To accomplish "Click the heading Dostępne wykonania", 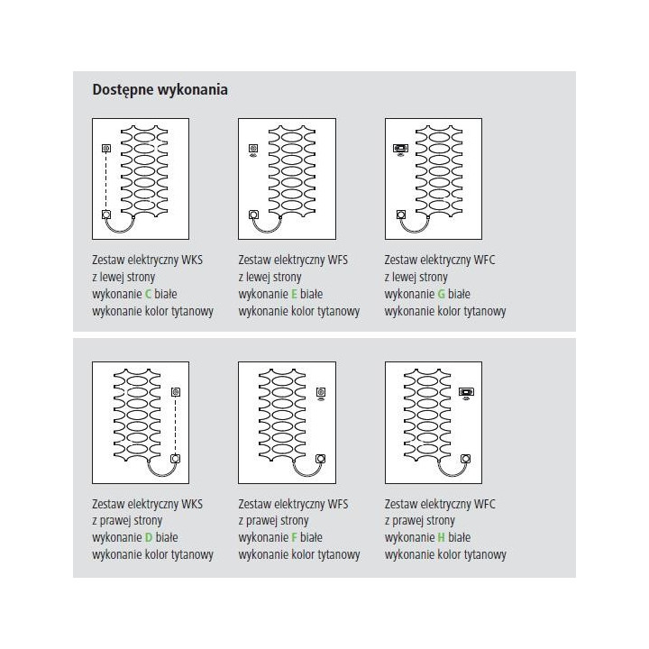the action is point(160,90).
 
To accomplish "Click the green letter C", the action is point(148,294).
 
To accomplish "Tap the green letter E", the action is point(294,294).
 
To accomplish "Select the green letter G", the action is point(441,294).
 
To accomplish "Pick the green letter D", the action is point(149,537).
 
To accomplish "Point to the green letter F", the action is point(294,537).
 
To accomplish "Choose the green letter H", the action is point(441,537).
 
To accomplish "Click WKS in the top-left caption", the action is point(193,260).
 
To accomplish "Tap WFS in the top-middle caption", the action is point(338,260).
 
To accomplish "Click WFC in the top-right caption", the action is point(485,260).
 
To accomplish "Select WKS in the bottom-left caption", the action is point(193,504).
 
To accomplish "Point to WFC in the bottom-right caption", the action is point(485,504).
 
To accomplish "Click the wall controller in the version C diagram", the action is point(106,148).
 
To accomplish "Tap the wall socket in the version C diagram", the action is point(106,215).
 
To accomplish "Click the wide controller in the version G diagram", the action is point(400,148).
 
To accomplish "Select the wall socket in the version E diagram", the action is point(253,215).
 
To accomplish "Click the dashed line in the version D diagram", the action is point(176,425).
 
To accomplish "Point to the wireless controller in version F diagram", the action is point(321,394).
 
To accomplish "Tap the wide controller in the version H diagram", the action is point(467,393).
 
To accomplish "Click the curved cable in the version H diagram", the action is point(452,474).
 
